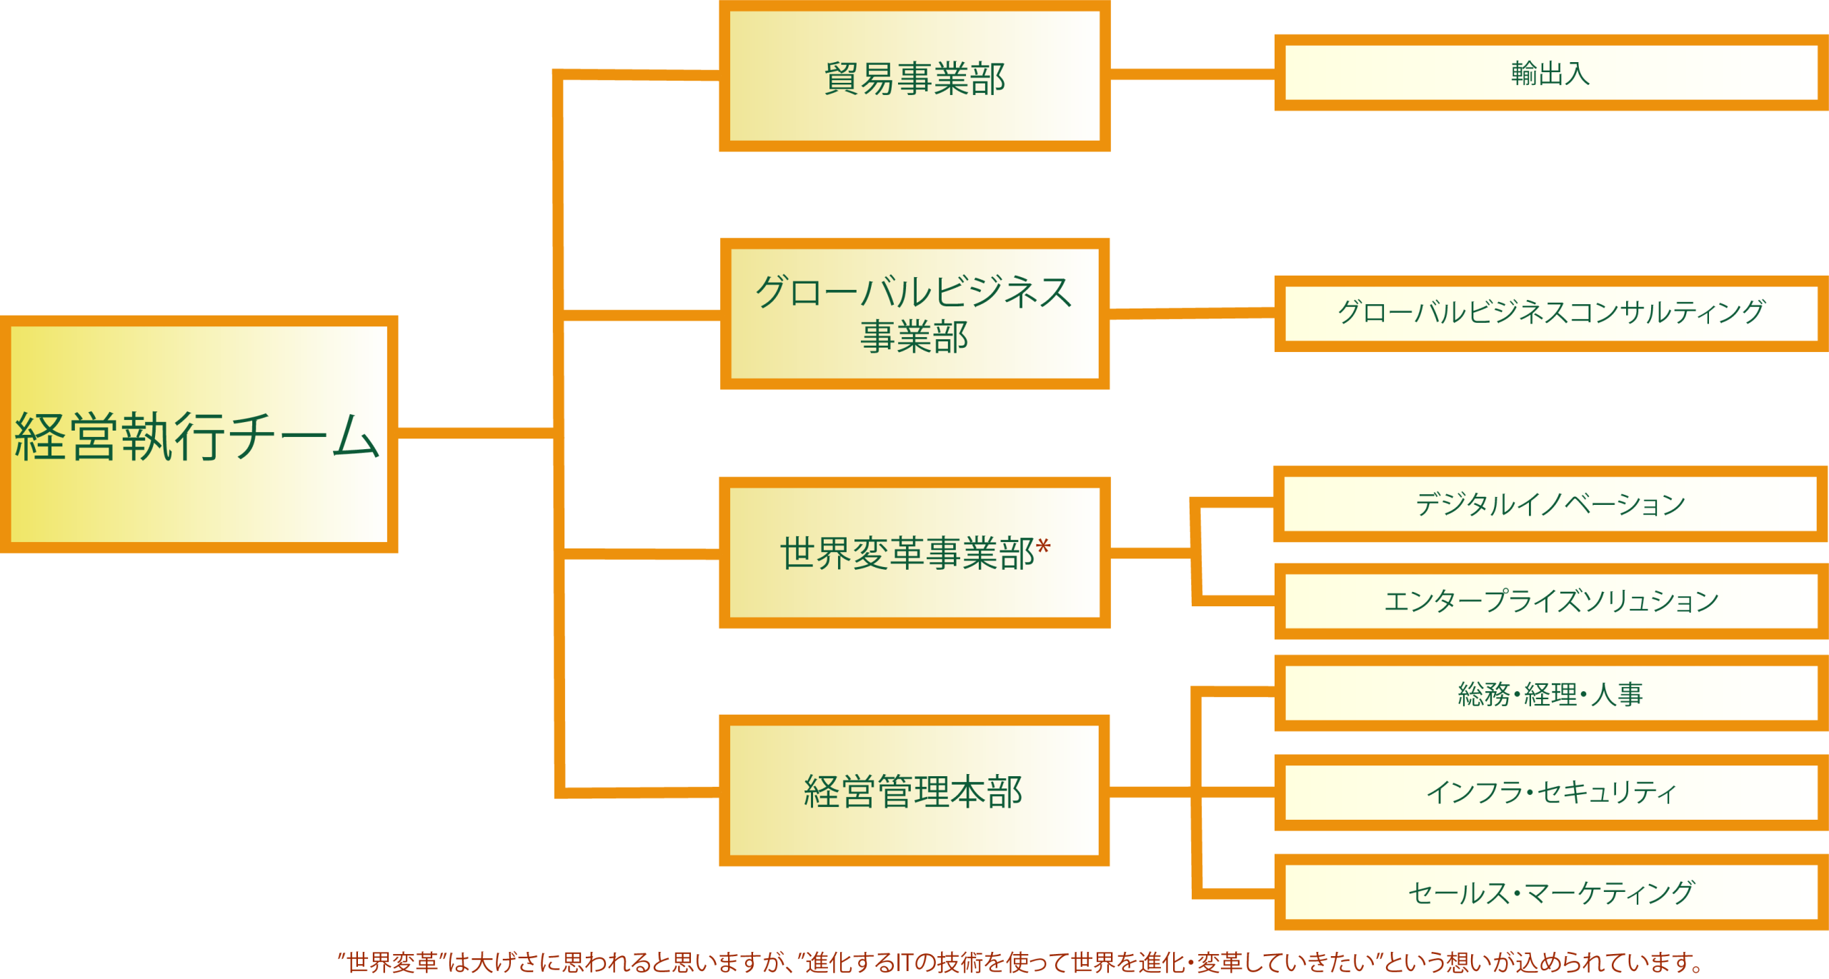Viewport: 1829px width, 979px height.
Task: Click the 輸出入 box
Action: [1550, 74]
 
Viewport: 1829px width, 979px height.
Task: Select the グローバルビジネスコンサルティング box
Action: [1550, 313]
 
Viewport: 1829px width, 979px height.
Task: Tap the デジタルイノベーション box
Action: [1550, 504]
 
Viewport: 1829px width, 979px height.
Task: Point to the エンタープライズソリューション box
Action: [1550, 601]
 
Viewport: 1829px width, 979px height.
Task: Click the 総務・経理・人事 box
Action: [1550, 693]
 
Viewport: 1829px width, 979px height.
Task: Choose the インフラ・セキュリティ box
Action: [1550, 792]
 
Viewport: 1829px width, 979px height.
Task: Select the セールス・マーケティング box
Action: [1550, 892]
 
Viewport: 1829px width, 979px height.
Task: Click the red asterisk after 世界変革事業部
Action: [1043, 548]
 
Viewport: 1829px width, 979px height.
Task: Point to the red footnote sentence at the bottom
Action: [1022, 963]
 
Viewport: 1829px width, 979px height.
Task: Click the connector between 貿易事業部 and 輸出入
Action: [1192, 75]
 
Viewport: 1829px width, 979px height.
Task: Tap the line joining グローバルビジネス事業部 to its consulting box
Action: [1192, 313]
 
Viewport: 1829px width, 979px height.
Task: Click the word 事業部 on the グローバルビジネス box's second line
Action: [914, 337]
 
